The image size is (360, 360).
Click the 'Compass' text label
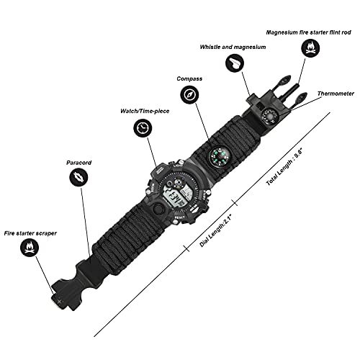pos(189,79)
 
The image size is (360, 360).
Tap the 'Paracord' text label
pos(80,163)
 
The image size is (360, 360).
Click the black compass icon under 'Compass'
pos(189,95)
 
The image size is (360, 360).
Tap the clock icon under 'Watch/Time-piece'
pos(143,127)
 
